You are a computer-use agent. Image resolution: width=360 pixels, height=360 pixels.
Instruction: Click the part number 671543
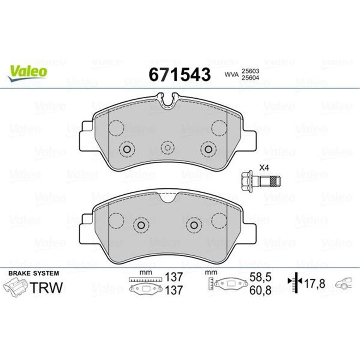tap(180, 74)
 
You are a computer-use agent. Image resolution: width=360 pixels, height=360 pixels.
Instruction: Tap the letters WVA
tap(231, 74)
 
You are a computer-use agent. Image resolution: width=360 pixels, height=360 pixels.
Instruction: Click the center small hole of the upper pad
tap(168, 147)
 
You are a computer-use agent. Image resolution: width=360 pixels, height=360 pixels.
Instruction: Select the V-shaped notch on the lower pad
tap(168, 197)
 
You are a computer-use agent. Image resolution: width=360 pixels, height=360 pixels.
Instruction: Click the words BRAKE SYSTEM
tap(33, 273)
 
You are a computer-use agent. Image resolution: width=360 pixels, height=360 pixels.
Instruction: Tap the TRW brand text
tap(47, 287)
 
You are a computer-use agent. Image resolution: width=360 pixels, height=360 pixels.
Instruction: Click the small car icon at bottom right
tap(343, 284)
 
